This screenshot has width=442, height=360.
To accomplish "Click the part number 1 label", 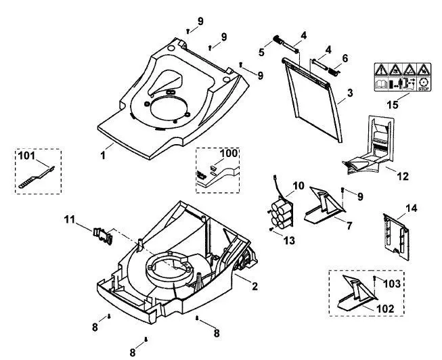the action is (x=103, y=155).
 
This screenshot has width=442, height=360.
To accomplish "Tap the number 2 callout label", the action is (x=255, y=286).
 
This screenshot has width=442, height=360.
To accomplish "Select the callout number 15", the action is (x=393, y=105).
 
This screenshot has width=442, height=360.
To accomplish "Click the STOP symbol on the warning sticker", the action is (x=424, y=85).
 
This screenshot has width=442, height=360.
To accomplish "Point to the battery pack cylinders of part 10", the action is (x=280, y=215).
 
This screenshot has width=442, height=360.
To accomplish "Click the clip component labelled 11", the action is (x=103, y=235).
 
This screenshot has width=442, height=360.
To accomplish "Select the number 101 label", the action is (x=26, y=156).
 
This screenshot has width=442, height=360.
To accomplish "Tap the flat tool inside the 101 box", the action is (x=37, y=178).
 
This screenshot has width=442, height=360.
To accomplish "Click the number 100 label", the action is (x=229, y=154).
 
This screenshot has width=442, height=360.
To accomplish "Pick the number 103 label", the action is (x=392, y=284).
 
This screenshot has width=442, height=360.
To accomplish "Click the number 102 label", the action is (x=385, y=309).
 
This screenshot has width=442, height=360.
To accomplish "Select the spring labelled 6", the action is (x=334, y=72).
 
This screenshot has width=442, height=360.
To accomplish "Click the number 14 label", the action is (x=412, y=208).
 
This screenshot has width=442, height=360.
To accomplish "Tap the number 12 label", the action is (x=403, y=176).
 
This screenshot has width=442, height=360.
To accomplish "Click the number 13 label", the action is (x=289, y=240).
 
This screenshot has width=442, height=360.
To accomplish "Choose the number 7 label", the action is (x=349, y=225).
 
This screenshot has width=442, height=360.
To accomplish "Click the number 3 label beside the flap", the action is (x=350, y=93).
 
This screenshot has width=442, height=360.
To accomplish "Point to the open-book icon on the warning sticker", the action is (x=381, y=84).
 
